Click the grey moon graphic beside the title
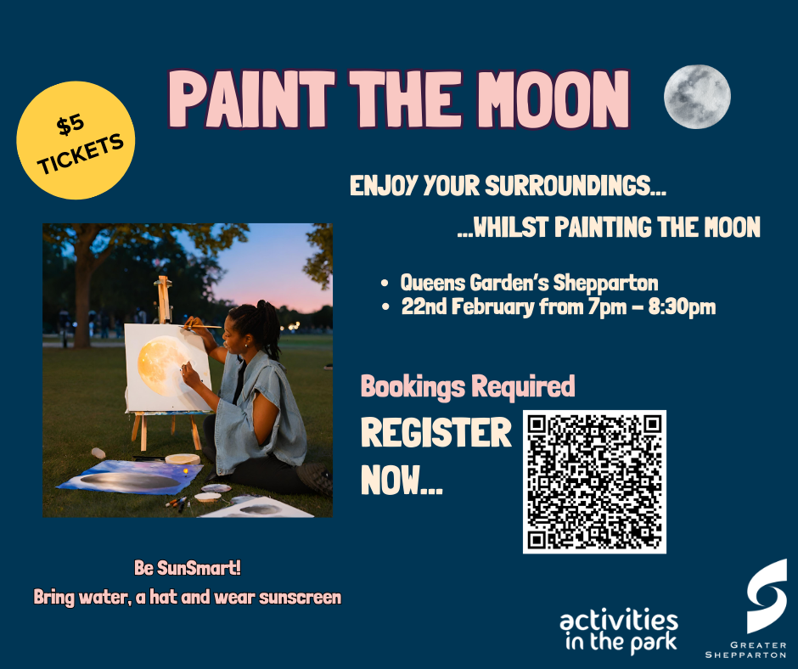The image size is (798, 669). pyautogui.click(x=697, y=97)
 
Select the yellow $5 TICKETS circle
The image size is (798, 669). pyautogui.click(x=76, y=141)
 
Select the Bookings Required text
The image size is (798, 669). pyautogui.click(x=468, y=386)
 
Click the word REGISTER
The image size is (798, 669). pyautogui.click(x=436, y=433)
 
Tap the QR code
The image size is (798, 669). pyautogui.click(x=594, y=481)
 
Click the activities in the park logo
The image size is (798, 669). pyautogui.click(x=619, y=629)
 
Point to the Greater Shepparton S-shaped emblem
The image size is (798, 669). pyautogui.click(x=766, y=595)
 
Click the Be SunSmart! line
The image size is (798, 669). pyautogui.click(x=188, y=568)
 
